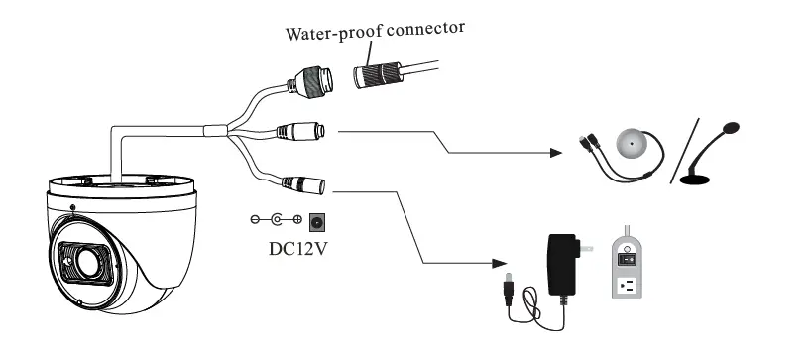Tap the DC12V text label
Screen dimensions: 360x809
click(x=297, y=246)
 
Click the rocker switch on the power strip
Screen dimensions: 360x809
click(x=627, y=258)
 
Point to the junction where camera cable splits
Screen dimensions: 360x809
click(x=214, y=129)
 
